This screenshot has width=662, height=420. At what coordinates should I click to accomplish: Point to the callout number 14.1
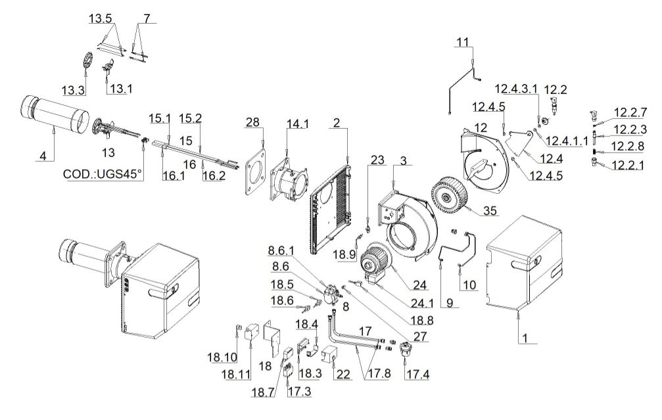click(x=296, y=124)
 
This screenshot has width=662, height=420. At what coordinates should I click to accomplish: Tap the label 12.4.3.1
click(x=516, y=88)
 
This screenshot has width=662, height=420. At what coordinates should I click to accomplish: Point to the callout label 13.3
click(x=74, y=88)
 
